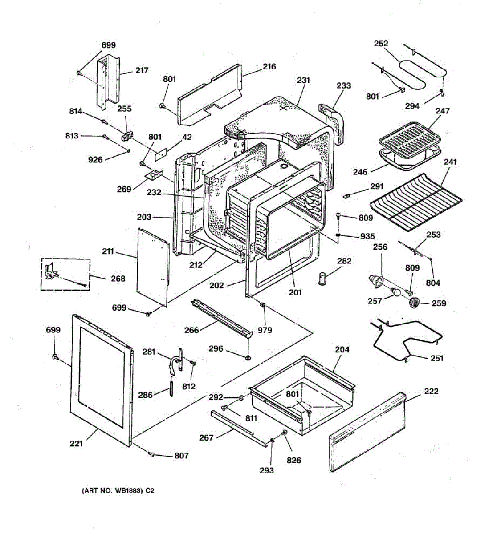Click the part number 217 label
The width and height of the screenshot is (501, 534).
(x=142, y=70)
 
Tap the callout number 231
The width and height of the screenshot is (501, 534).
(x=303, y=80)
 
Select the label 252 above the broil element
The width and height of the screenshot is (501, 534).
(x=381, y=44)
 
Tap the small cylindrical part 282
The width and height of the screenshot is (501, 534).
(x=322, y=279)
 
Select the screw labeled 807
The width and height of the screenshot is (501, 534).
(x=151, y=454)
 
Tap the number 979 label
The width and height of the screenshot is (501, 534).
(x=265, y=330)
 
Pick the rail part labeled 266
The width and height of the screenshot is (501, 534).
(x=221, y=318)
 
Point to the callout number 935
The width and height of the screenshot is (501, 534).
(x=367, y=236)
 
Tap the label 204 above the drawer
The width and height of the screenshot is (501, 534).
(x=342, y=350)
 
